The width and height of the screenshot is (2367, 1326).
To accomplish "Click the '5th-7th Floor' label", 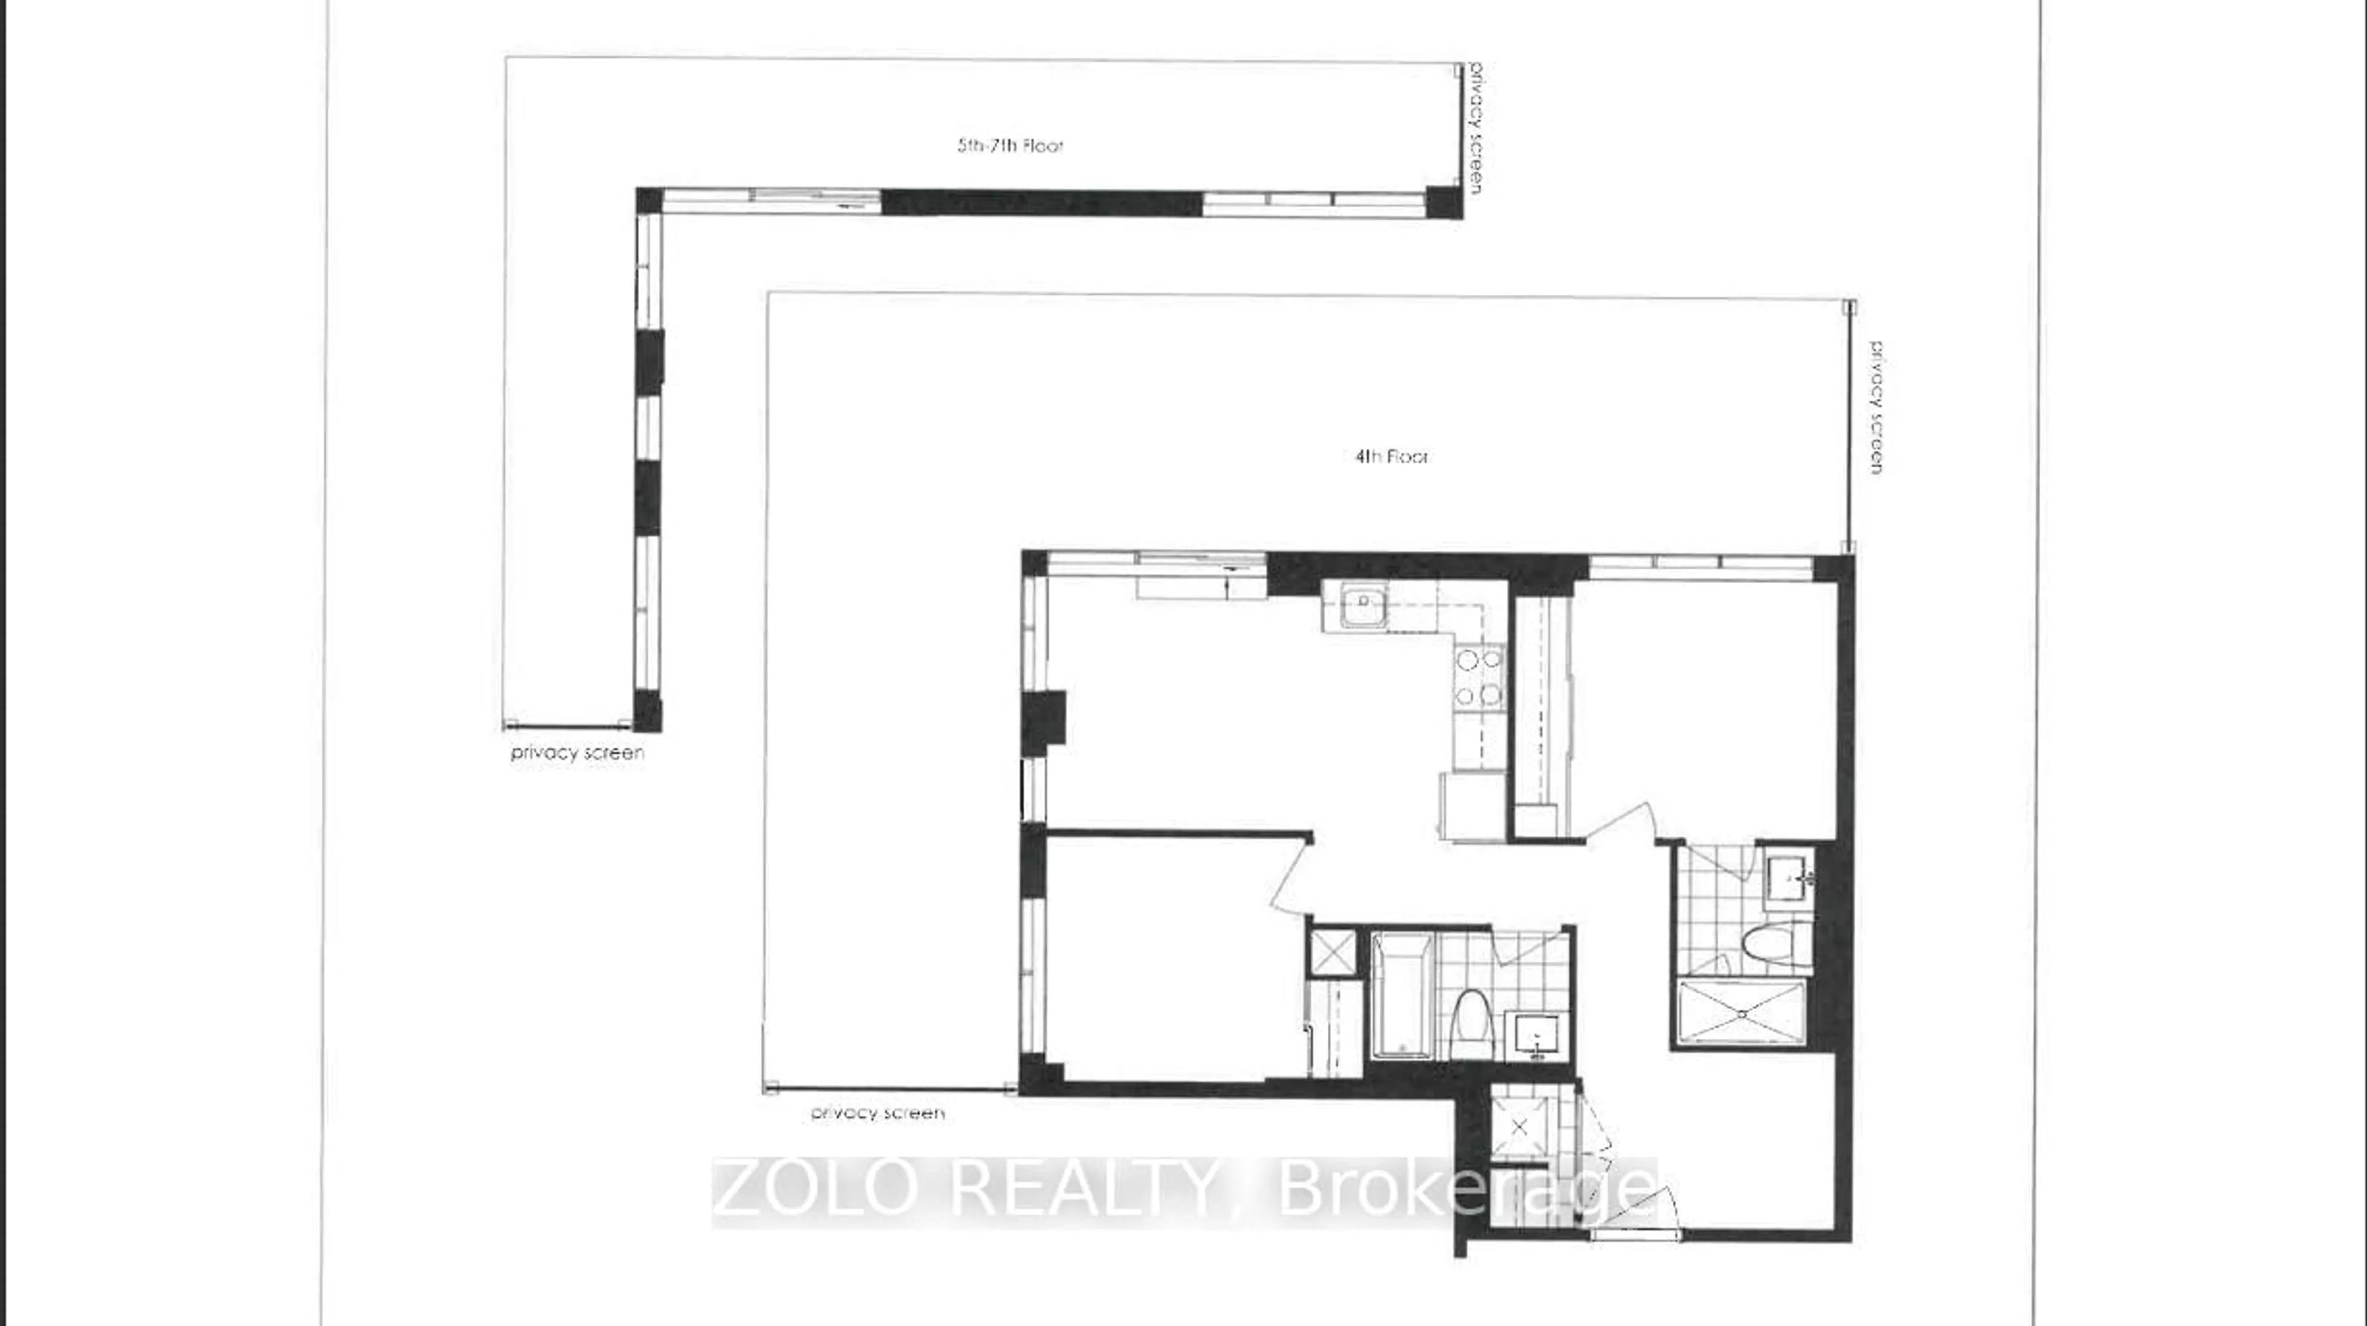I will (x=1010, y=145).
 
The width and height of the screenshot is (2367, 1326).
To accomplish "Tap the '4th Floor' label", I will (x=1391, y=457).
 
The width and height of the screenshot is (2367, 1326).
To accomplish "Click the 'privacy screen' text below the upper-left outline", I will (x=577, y=753).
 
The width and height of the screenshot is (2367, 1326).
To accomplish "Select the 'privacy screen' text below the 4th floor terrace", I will (x=878, y=1113).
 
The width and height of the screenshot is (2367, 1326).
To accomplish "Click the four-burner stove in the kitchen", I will (x=1479, y=677).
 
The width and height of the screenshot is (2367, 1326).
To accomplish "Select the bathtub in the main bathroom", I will (x=1401, y=994).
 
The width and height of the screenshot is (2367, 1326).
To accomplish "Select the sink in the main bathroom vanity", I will (x=1536, y=1036).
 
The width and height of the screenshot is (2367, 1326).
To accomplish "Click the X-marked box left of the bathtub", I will (x=1332, y=952).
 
